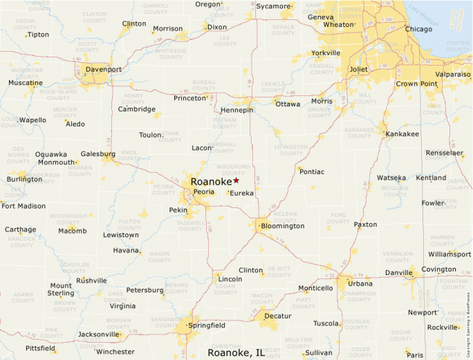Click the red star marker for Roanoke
(236, 180)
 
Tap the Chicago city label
(418, 29)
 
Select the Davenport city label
(103, 70)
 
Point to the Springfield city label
(207, 325)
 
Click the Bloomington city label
(283, 226)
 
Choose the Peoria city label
(204, 191)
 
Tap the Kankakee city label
(402, 134)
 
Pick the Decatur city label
(277, 316)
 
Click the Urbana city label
(360, 283)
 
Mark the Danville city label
(398, 273)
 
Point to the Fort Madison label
(24, 206)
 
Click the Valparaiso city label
(453, 74)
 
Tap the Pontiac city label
(313, 171)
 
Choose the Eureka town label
(242, 193)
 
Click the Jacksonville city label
(99, 334)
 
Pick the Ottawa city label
(288, 104)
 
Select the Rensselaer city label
(444, 153)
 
